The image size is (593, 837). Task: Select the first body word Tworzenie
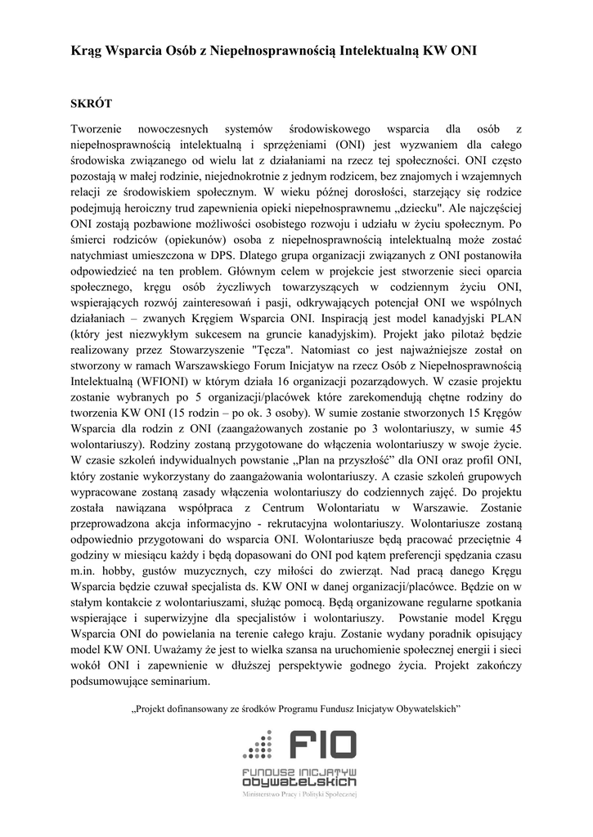point(97,129)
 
